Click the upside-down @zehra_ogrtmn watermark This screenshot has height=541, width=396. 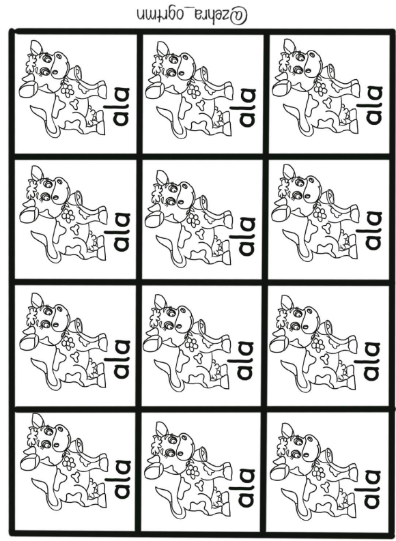(x=192, y=14)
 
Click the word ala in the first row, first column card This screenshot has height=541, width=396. (x=122, y=106)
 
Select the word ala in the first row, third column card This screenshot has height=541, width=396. (x=374, y=105)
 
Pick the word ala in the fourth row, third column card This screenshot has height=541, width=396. (x=371, y=488)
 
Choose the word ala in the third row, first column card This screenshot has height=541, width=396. (x=122, y=359)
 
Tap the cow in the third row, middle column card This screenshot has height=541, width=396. (x=187, y=342)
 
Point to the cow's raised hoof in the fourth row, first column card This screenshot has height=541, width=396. (x=29, y=461)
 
